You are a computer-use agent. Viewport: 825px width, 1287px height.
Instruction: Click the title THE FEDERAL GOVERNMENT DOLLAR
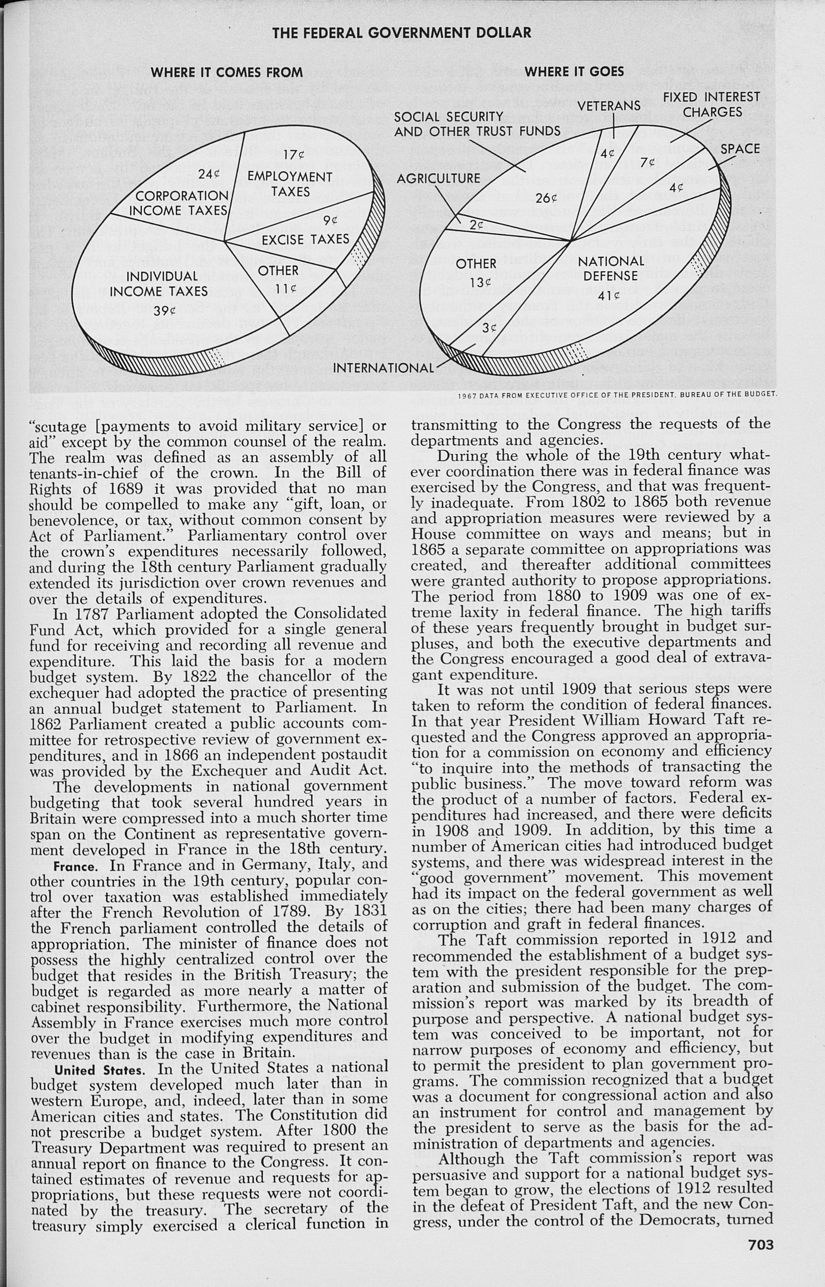pyautogui.click(x=402, y=33)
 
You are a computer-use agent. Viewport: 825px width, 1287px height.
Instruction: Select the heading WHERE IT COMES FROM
pyautogui.click(x=227, y=73)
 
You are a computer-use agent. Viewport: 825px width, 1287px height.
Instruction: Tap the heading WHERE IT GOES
pyautogui.click(x=574, y=71)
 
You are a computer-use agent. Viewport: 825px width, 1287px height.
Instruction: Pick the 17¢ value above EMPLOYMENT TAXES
pyautogui.click(x=293, y=155)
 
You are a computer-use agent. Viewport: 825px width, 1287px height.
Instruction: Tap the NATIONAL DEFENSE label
pyautogui.click(x=611, y=269)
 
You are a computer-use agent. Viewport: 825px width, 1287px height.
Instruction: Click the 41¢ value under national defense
pyautogui.click(x=608, y=295)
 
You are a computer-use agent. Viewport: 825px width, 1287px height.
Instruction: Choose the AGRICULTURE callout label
pyautogui.click(x=438, y=178)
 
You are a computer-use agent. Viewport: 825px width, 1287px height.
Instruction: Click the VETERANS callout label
pyautogui.click(x=609, y=106)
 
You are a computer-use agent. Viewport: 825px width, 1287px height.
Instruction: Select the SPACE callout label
pyautogui.click(x=740, y=149)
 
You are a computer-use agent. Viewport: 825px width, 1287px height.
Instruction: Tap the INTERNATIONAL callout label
pyautogui.click(x=384, y=368)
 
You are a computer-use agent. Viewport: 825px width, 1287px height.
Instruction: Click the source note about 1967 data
pyautogui.click(x=617, y=395)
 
